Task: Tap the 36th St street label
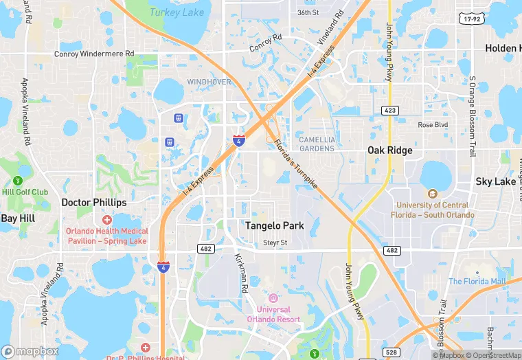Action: (308, 12)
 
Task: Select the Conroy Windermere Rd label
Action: (96, 54)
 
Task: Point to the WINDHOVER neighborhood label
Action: (209, 82)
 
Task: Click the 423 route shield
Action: (390, 110)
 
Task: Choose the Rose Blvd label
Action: (433, 125)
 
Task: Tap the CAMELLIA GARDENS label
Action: (317, 144)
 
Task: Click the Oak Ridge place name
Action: (390, 150)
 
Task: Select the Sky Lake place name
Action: (495, 181)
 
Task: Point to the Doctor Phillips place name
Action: (94, 203)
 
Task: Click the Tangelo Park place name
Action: (275, 225)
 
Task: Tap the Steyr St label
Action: (275, 243)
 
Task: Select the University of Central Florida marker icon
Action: (432, 194)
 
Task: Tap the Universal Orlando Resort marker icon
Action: (273, 297)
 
